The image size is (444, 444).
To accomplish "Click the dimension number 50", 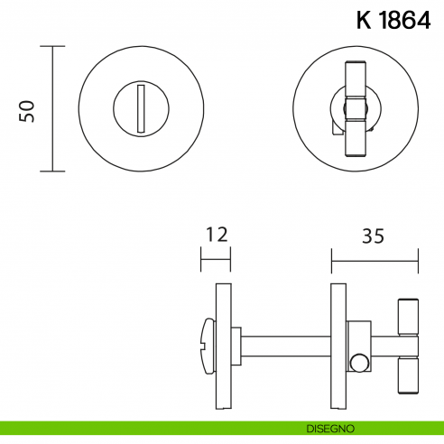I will (27, 110).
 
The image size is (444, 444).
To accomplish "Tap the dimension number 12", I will (215, 236).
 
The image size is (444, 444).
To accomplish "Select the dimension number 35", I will (373, 236).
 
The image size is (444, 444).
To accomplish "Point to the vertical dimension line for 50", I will (52, 108).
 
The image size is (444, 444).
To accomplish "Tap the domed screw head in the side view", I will (205, 345).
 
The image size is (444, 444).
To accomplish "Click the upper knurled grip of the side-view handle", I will (407, 315).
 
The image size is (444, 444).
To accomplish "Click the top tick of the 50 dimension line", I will (52, 46).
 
